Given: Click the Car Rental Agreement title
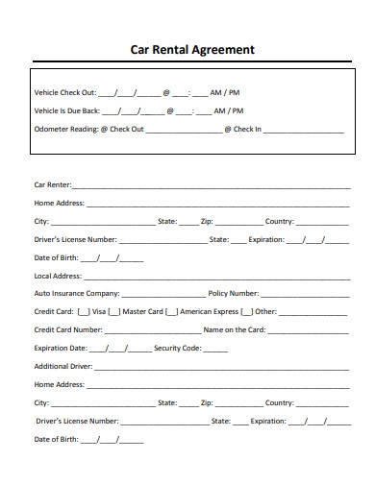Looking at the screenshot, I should point(192,49).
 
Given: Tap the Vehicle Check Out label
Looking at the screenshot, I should point(65,93).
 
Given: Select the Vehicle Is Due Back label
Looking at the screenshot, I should point(67,111).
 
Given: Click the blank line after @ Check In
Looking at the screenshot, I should point(303,130).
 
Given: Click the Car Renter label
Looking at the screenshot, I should point(52,184).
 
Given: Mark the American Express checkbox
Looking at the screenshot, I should point(171,311).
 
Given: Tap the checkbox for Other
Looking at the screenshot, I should point(247,311).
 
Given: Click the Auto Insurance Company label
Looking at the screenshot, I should point(77,293).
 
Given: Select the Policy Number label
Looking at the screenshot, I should point(234,293).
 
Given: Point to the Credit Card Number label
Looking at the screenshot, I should point(68,329).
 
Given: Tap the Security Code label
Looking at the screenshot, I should point(178,348).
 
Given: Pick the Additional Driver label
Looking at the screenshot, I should point(61,366).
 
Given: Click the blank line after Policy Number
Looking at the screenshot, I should point(303,295).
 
